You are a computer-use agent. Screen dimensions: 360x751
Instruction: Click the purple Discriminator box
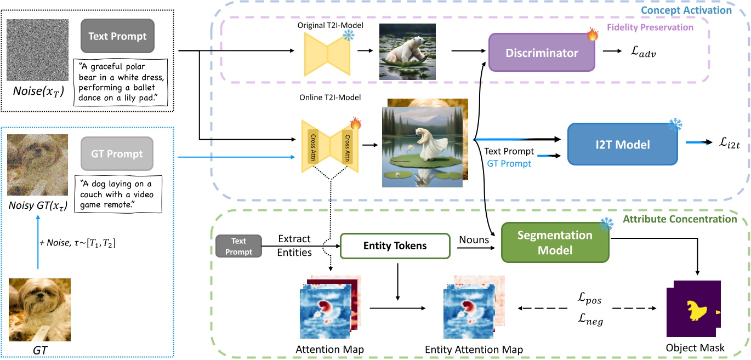click(x=541, y=53)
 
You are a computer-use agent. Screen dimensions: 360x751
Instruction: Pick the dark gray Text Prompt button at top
click(x=117, y=37)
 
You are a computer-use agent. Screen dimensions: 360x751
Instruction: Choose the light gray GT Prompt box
click(x=117, y=154)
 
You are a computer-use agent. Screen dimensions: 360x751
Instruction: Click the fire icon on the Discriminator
click(x=593, y=36)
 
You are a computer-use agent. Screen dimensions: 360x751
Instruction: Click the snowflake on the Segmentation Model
click(x=605, y=225)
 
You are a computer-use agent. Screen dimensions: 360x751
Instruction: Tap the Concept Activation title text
click(x=692, y=10)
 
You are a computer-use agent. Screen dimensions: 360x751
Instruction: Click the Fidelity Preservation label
click(x=651, y=27)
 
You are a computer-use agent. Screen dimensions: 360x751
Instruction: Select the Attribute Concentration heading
click(x=679, y=219)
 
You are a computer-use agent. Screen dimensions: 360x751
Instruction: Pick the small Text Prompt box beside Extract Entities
click(x=238, y=246)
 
